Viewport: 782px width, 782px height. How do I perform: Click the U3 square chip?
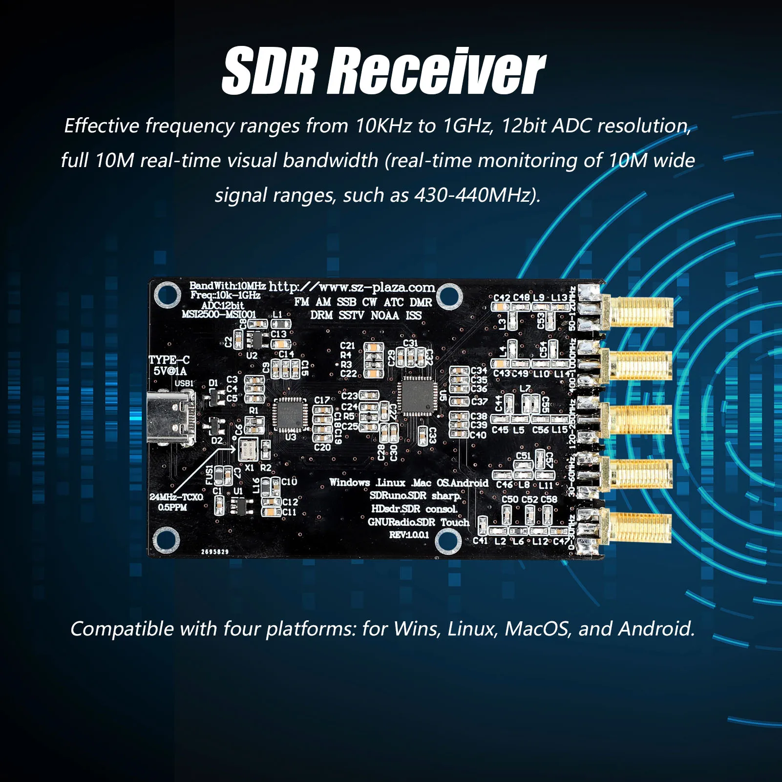tap(290, 414)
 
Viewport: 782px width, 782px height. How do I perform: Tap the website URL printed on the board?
tap(351, 287)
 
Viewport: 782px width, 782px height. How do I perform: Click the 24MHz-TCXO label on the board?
tap(176, 497)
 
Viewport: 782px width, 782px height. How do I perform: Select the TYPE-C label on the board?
tap(169, 360)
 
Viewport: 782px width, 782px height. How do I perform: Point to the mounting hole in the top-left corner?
tap(167, 295)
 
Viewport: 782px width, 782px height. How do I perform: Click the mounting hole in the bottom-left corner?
tap(166, 540)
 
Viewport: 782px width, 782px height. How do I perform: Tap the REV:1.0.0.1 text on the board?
tap(409, 535)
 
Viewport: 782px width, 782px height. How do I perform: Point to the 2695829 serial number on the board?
tap(215, 551)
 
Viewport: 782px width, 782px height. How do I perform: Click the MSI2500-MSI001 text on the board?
tap(218, 314)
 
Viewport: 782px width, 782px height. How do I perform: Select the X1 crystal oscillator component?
tap(248, 449)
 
